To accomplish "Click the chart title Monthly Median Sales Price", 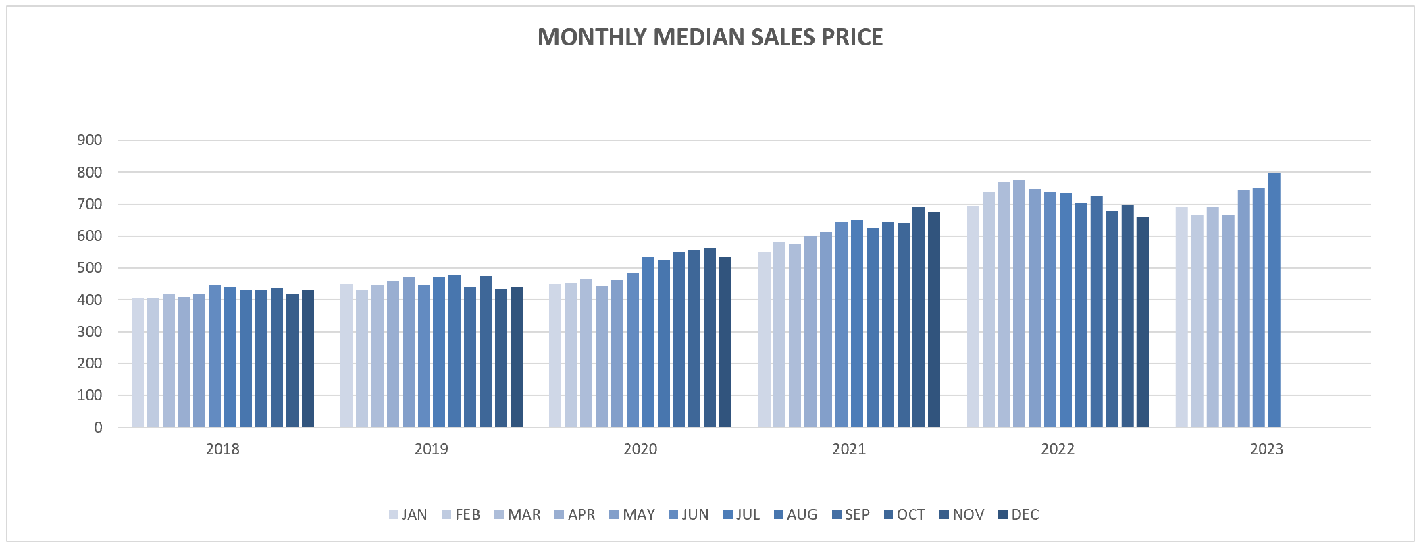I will (x=710, y=37).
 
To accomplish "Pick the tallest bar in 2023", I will (x=1274, y=300).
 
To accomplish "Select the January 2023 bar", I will (x=1182, y=317).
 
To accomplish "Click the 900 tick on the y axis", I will (x=90, y=140).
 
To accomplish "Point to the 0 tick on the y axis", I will (x=98, y=427).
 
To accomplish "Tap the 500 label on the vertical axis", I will (x=90, y=268).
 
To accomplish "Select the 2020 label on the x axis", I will (x=640, y=449).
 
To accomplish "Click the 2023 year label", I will (x=1266, y=449).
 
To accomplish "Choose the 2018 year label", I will (x=223, y=449).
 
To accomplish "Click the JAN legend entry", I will (x=408, y=515).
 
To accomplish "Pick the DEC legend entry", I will (x=1018, y=515).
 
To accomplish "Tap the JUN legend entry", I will (x=688, y=515).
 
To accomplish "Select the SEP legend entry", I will (x=850, y=515).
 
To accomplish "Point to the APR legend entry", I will (x=574, y=515).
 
